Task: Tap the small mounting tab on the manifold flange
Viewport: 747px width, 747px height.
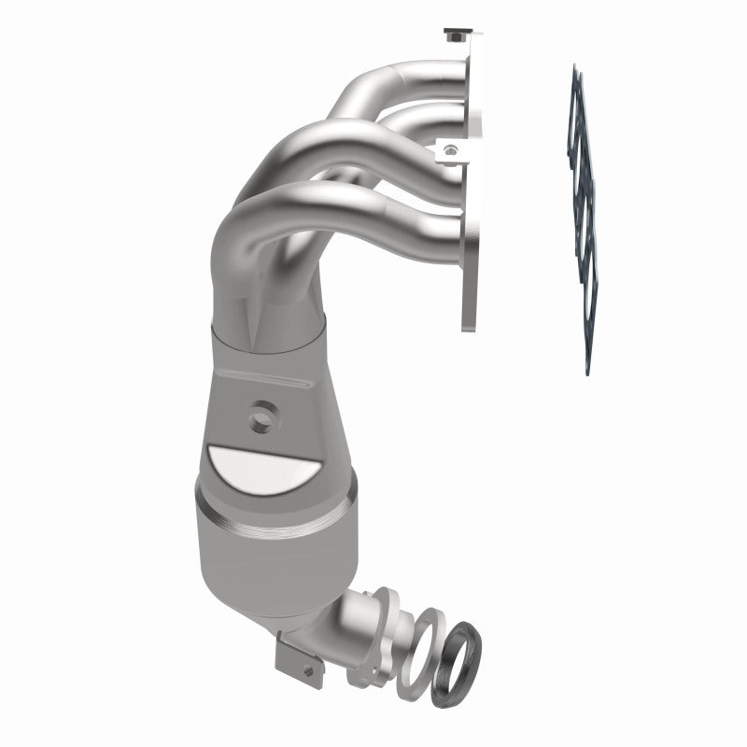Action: click(x=452, y=150)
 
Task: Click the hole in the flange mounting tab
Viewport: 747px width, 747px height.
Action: click(x=452, y=148)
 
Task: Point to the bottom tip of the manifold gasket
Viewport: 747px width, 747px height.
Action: click(x=587, y=369)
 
